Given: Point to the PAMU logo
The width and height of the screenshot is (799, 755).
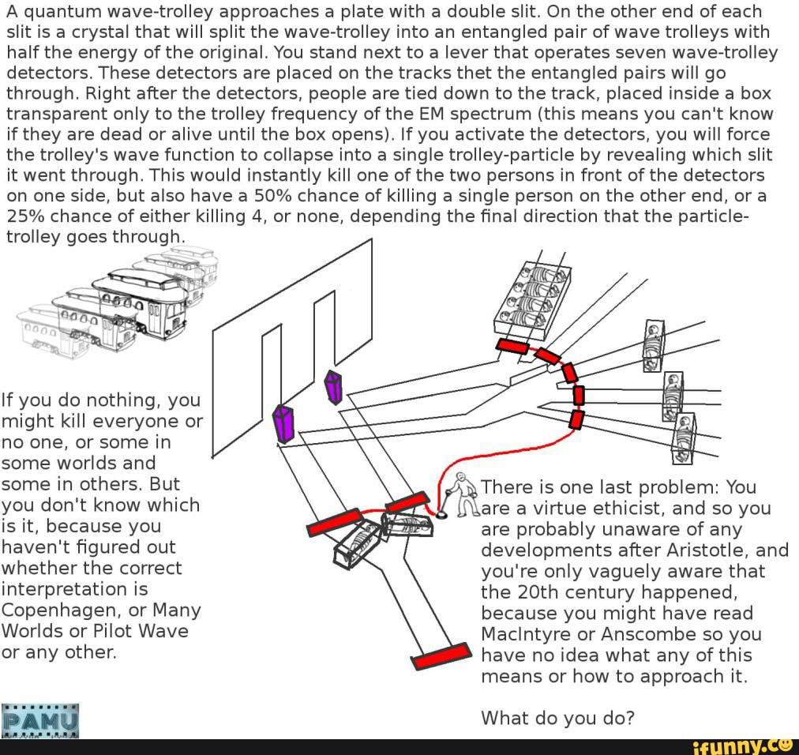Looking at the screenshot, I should click(40, 719).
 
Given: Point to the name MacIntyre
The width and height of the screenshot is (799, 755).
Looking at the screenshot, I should click(527, 634).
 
